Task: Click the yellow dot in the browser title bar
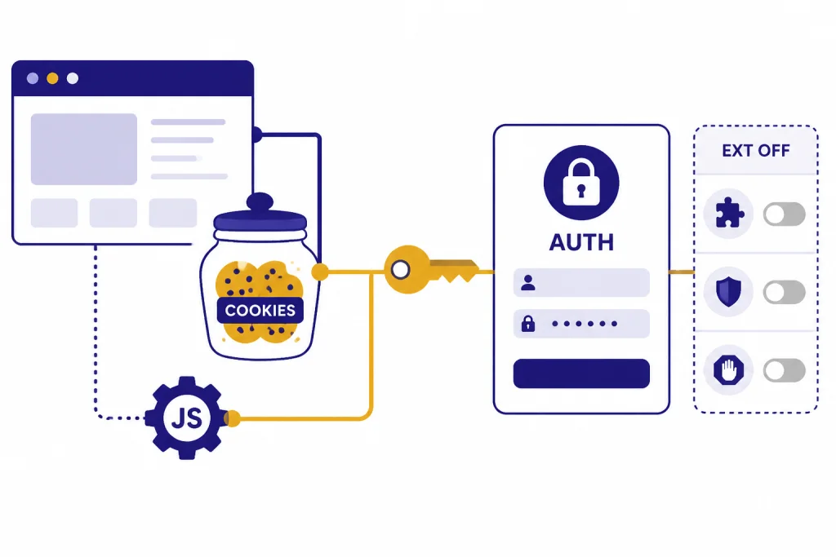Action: click(x=52, y=78)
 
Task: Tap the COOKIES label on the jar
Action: click(x=260, y=310)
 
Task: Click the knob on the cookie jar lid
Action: click(x=260, y=201)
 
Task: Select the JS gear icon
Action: click(x=186, y=418)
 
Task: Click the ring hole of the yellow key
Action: click(x=400, y=270)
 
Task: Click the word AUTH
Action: click(x=581, y=242)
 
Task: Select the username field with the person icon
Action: click(x=581, y=282)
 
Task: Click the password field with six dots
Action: click(x=581, y=323)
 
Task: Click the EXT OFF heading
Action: click(x=756, y=151)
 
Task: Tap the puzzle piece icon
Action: click(x=729, y=214)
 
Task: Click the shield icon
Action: click(x=728, y=292)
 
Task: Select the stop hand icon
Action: click(x=728, y=369)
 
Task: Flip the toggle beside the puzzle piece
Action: click(x=785, y=214)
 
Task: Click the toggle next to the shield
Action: click(x=785, y=292)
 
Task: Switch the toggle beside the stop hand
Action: click(x=785, y=370)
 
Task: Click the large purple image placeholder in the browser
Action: click(x=84, y=149)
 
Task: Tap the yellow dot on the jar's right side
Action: click(x=320, y=272)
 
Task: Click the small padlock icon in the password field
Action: click(x=528, y=323)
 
